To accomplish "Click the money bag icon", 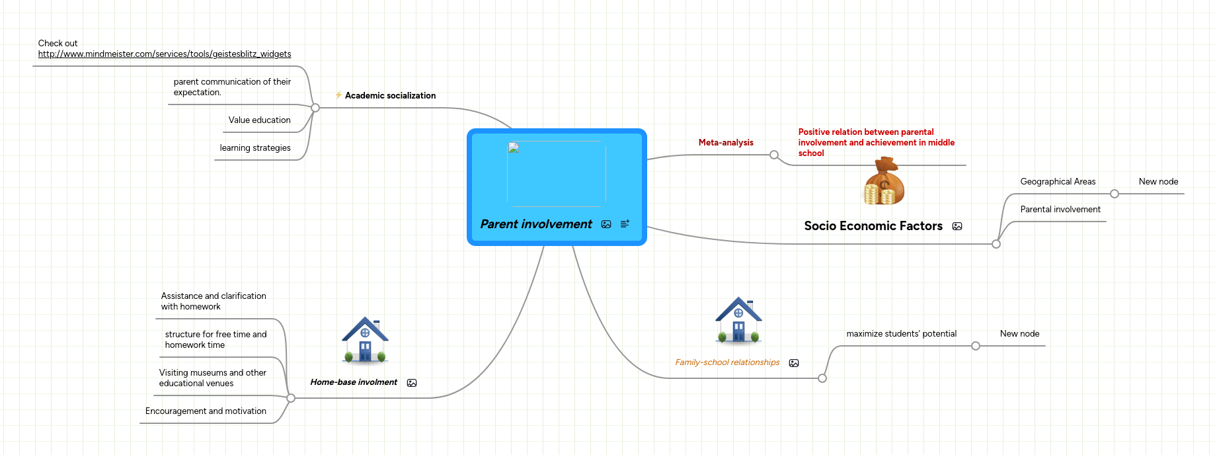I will (x=884, y=181).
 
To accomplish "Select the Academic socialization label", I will (x=390, y=96).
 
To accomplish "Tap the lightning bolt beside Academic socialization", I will (x=338, y=95).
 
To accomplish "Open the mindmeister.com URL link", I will (x=165, y=54).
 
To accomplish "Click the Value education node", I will (x=259, y=120).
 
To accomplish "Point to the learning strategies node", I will (x=255, y=148).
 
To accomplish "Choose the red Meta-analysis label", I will (x=726, y=143).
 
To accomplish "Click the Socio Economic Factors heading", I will (x=873, y=226).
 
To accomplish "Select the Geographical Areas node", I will (x=1058, y=182).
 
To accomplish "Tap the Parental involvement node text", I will (x=1060, y=210).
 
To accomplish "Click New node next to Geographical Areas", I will (x=1158, y=182).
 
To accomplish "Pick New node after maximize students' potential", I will (x=1019, y=334).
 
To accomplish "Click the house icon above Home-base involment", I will (x=365, y=340).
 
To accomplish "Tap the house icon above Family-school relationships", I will (x=738, y=320).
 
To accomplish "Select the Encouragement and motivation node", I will (x=206, y=411).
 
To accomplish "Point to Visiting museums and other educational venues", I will (x=212, y=378).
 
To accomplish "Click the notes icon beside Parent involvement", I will (x=625, y=224).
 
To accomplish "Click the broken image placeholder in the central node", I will (x=514, y=148).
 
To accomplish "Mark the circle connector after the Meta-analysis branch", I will (x=774, y=155).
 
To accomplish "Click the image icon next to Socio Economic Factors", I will (x=957, y=226).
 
